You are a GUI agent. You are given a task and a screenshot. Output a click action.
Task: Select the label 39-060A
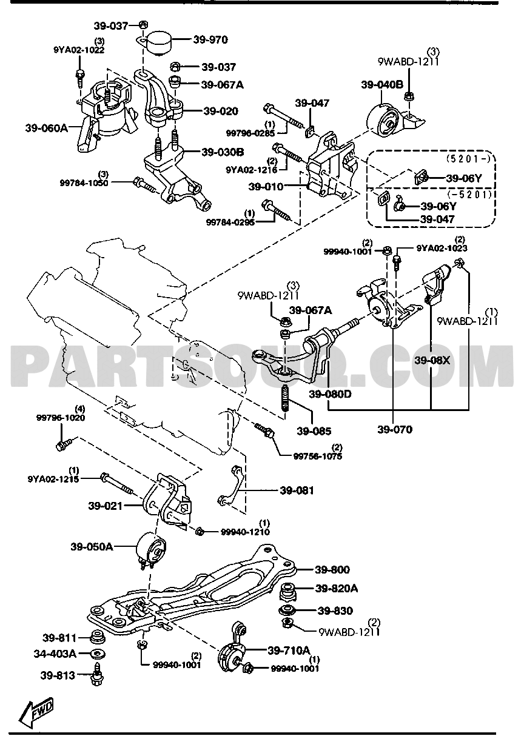46,128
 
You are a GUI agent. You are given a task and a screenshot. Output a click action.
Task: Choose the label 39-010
265,187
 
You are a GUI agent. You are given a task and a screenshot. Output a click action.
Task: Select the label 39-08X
432,360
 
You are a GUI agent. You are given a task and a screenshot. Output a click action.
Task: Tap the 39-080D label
330,394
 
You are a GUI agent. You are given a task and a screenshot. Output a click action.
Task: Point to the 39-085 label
314,431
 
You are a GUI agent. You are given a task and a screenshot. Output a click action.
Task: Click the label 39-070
395,430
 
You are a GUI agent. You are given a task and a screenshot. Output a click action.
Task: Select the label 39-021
105,506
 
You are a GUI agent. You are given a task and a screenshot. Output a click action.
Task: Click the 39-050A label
92,546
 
